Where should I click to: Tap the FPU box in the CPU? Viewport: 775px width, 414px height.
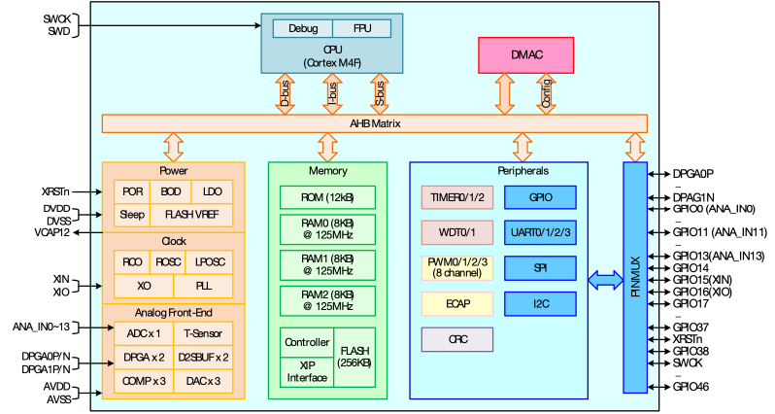(x=362, y=28)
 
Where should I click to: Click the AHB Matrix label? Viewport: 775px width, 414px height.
(x=375, y=123)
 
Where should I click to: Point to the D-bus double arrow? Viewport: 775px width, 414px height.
(x=285, y=93)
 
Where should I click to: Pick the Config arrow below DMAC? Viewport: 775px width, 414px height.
(x=547, y=93)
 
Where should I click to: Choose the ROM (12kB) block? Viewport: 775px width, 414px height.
(x=327, y=197)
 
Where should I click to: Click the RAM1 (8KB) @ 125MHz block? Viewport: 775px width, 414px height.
(x=327, y=264)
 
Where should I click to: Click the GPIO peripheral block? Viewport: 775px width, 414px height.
(x=540, y=197)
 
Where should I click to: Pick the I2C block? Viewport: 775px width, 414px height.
(x=540, y=303)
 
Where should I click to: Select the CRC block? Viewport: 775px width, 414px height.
(x=457, y=339)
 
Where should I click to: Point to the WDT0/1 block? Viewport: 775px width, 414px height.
(x=457, y=233)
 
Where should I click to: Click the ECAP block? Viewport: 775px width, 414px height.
(x=457, y=303)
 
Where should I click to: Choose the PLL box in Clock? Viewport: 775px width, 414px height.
(x=203, y=286)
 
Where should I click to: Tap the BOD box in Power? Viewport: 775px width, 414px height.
(x=171, y=191)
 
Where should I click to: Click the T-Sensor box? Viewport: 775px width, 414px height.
(x=203, y=333)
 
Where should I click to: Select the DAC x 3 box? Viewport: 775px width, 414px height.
(x=203, y=380)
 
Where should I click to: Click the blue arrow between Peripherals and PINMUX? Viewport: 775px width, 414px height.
(x=605, y=280)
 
